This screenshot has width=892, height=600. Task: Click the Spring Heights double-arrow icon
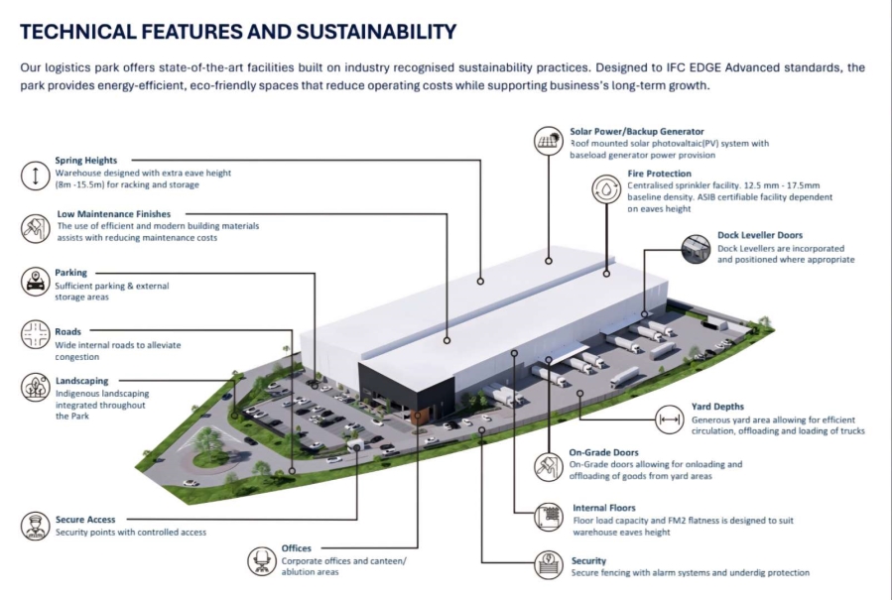[x=36, y=176]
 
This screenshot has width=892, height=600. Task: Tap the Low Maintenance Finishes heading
[x=114, y=214]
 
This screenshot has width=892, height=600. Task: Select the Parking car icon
[x=36, y=281]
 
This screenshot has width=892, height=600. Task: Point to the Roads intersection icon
[x=36, y=334]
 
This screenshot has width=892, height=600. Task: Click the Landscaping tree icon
[x=36, y=387]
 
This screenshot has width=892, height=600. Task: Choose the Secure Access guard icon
[x=36, y=526]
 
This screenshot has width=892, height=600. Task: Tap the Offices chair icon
[x=262, y=561]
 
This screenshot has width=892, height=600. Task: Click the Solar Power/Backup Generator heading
[x=637, y=131]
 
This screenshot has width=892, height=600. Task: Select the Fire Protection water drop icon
[x=606, y=189]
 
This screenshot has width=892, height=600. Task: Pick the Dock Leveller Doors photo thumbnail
[x=696, y=249]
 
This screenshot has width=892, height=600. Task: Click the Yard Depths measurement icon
[x=669, y=420]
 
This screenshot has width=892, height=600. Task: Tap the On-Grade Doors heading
[x=603, y=452]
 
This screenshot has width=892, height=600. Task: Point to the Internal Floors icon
[x=549, y=517]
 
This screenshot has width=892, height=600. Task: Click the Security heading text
[x=588, y=560]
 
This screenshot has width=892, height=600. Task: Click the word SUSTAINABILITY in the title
[x=376, y=32]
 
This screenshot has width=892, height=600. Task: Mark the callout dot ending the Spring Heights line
[x=480, y=281]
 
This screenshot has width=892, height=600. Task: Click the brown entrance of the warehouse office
[x=418, y=416]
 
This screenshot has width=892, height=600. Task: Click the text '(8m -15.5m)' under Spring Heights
[x=80, y=184]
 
